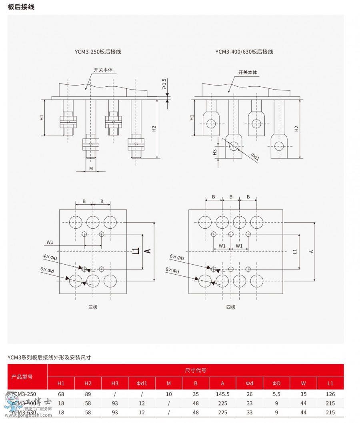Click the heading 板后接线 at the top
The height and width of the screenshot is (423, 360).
click(x=21, y=7)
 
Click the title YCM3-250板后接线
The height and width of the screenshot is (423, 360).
click(x=98, y=52)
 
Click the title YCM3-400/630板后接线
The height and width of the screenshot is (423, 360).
click(x=244, y=52)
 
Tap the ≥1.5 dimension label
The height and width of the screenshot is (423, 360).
click(x=164, y=84)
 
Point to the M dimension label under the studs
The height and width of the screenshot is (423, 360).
click(x=91, y=169)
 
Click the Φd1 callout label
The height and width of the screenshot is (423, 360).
click(x=255, y=156)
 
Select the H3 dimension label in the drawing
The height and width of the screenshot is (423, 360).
click(x=215, y=152)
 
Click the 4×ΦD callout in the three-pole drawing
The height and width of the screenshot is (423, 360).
click(x=50, y=257)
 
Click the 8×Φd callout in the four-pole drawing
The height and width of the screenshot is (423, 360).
click(x=172, y=270)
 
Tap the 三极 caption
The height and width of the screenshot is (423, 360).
click(x=93, y=307)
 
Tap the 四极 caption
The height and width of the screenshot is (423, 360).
click(x=231, y=307)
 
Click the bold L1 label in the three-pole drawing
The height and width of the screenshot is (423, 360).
click(x=136, y=251)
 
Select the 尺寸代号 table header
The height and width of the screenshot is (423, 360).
click(x=196, y=370)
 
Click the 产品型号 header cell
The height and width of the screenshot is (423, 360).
click(x=22, y=377)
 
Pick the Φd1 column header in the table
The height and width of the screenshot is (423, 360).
click(x=142, y=383)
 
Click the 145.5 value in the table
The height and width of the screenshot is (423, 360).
click(x=222, y=394)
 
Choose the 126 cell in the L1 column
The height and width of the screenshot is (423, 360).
click(x=330, y=394)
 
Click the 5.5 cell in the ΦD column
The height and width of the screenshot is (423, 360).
click(x=276, y=394)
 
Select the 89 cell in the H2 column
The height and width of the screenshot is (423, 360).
click(x=88, y=394)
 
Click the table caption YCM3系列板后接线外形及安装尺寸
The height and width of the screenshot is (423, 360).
click(x=49, y=357)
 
